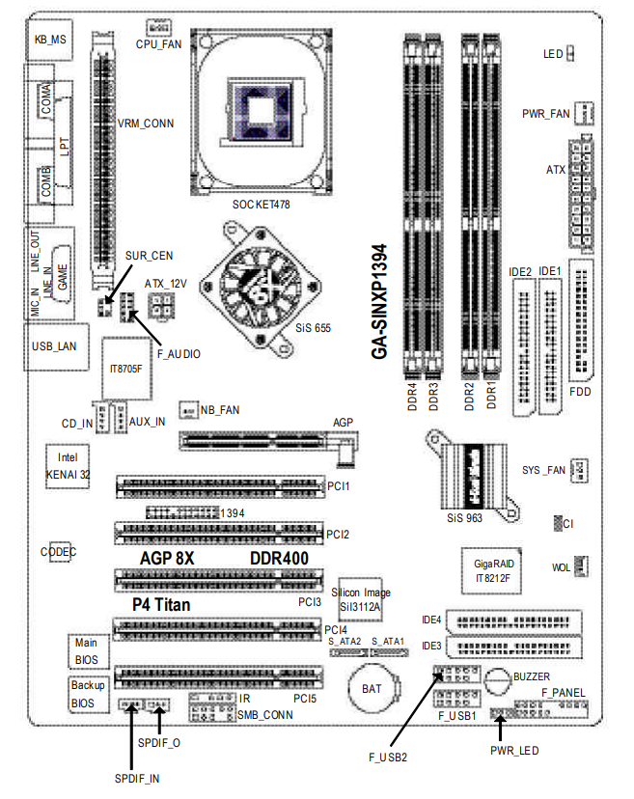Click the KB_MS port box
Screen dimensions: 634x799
pyautogui.click(x=49, y=40)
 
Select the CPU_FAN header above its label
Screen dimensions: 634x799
pyautogui.click(x=158, y=27)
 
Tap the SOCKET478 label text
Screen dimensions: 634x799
pyautogui.click(x=261, y=205)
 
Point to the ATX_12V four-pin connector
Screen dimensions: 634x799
pyautogui.click(x=162, y=307)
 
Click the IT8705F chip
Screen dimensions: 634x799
pyautogui.click(x=127, y=369)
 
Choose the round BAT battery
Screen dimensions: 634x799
pyautogui.click(x=373, y=689)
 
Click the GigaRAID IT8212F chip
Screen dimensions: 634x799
pyautogui.click(x=491, y=570)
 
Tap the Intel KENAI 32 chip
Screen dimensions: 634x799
pyautogui.click(x=68, y=466)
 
